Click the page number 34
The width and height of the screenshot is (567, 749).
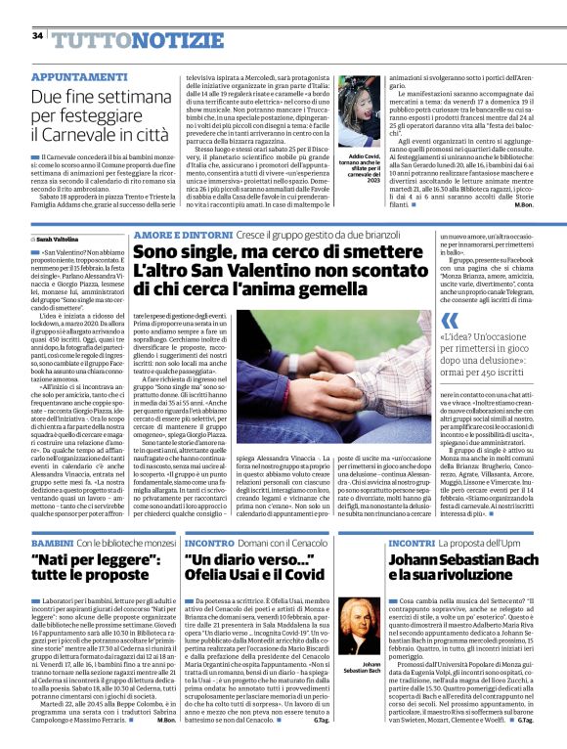point(37,36)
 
